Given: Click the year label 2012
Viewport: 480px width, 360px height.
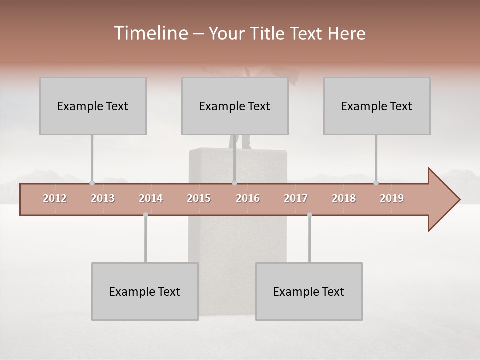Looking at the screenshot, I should point(55,198).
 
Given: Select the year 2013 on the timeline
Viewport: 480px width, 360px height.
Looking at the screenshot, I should point(103,198).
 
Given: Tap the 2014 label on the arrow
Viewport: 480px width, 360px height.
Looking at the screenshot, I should point(151,198).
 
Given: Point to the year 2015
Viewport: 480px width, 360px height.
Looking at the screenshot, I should point(199,198).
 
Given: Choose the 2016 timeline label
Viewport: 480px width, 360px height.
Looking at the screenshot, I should point(248,198).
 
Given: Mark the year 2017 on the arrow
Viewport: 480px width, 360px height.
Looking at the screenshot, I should point(296,198).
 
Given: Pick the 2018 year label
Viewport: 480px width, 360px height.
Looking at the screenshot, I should point(344,198).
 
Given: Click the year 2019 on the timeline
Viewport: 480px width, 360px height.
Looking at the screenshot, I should point(392,198).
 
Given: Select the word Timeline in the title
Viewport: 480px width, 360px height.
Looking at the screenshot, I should point(150,33).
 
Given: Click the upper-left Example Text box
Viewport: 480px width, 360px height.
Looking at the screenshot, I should point(93,106).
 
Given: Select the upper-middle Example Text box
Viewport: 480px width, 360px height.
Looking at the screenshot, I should point(235,106).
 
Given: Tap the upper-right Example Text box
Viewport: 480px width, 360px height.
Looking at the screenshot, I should point(377,106).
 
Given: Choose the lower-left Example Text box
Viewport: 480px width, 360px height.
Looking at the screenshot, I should point(145,291).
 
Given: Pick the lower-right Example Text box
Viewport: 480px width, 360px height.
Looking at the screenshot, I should point(309,291).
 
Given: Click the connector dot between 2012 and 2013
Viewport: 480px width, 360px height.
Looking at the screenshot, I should point(92,183).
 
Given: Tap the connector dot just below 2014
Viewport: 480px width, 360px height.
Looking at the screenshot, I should point(145,215).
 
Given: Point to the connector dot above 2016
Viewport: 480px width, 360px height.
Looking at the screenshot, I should point(234,183).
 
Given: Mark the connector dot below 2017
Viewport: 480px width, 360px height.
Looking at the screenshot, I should point(309,215).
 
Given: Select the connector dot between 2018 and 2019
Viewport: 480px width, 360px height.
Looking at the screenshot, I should point(376,183).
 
